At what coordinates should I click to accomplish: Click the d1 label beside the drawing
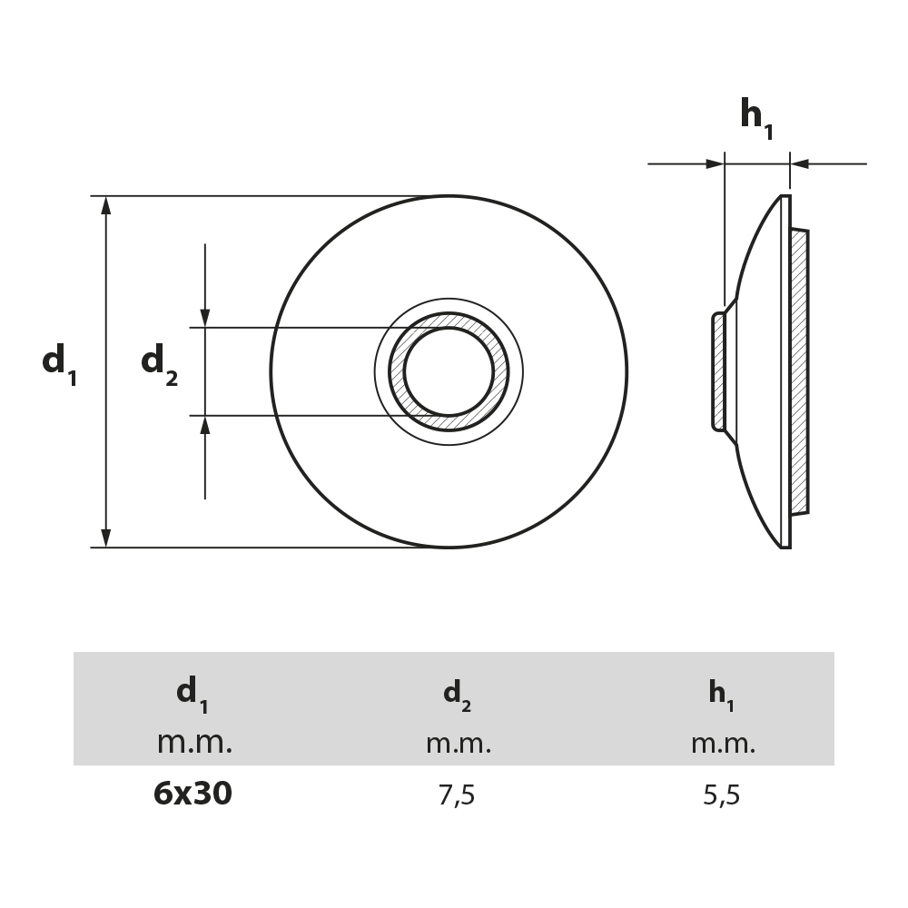(x=59, y=363)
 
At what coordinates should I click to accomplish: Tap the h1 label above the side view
(x=756, y=118)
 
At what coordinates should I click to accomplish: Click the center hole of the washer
(x=449, y=371)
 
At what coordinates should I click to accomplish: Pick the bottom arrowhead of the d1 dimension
(x=106, y=538)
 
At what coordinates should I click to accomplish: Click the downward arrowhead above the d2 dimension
(x=205, y=318)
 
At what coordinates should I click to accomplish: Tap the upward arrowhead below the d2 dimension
(x=205, y=425)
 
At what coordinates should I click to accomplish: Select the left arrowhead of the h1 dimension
(x=715, y=164)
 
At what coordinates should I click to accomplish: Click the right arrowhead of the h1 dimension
(x=799, y=164)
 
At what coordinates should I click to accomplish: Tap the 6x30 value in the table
(x=192, y=794)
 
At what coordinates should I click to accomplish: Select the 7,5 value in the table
(x=456, y=796)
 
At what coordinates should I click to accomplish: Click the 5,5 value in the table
(x=722, y=796)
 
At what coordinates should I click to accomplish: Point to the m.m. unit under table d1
(x=194, y=743)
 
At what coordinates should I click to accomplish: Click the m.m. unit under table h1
(x=723, y=745)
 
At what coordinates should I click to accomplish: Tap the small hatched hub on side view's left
(x=719, y=370)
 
